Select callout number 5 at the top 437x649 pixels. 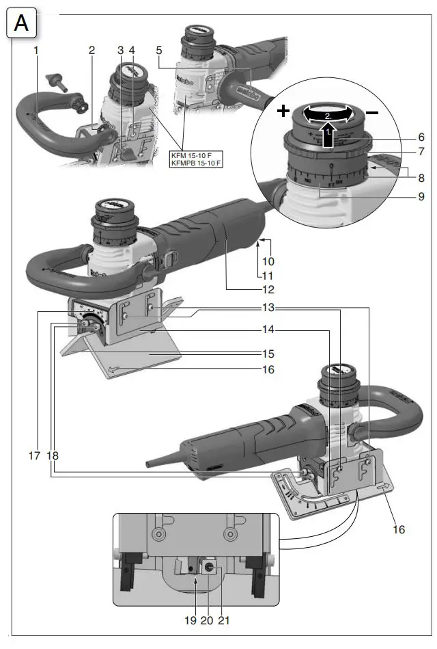pyautogui.click(x=158, y=51)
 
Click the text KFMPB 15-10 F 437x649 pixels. pyautogui.click(x=196, y=164)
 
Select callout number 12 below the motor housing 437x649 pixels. pyautogui.click(x=268, y=289)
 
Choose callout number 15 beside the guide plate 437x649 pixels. pyautogui.click(x=268, y=354)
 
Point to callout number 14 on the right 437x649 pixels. pyautogui.click(x=268, y=330)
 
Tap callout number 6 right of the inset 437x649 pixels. pyautogui.click(x=422, y=137)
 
